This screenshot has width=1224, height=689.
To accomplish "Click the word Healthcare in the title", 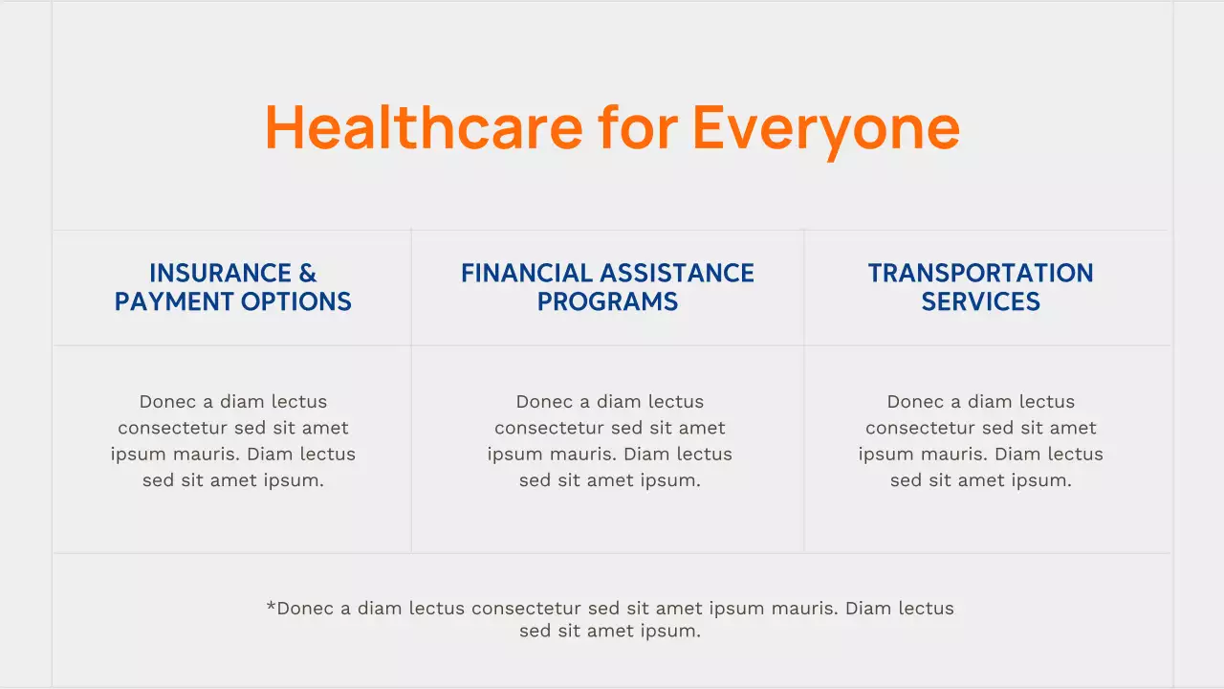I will point(423,126).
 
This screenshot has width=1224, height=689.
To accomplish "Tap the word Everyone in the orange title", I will point(826,126).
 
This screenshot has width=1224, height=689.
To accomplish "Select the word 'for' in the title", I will point(638,126).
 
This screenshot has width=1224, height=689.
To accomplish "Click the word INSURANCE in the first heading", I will point(220,274).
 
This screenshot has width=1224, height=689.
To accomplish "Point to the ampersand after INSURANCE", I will point(308,274).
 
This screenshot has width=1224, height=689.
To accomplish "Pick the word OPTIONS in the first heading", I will point(296,302).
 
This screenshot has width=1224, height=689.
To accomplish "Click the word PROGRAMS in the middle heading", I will point(607,302).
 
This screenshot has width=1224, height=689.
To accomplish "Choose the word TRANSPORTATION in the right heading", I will point(980,274).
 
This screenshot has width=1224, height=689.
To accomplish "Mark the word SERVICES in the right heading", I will point(980,302).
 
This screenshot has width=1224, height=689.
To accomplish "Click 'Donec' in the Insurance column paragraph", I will point(167,402).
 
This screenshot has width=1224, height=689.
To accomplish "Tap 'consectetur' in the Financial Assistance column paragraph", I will point(549,428).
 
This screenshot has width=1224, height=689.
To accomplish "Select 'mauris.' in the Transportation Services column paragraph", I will point(973,455).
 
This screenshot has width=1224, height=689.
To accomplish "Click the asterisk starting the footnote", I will point(271,607).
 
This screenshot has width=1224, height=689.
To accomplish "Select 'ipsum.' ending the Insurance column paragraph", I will point(295,480).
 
